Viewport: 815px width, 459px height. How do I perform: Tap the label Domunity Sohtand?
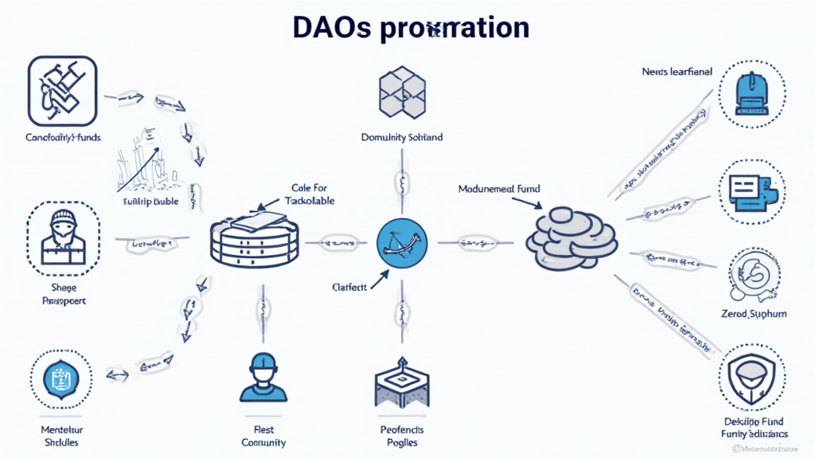402,137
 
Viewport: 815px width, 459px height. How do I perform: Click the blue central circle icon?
402,240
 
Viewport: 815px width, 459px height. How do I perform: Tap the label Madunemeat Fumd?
499,190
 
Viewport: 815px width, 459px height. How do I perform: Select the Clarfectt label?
349,287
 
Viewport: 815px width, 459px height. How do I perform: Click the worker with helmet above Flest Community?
263,377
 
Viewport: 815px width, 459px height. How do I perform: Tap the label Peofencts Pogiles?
402,436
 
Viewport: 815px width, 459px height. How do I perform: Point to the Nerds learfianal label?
677,72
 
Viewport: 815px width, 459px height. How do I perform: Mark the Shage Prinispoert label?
63,295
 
